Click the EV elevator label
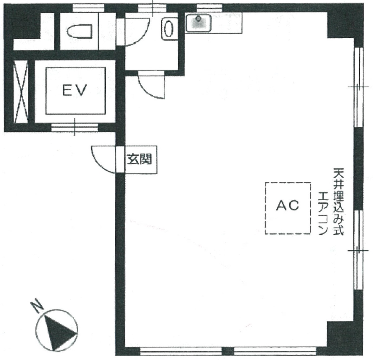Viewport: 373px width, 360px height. click(x=75, y=90)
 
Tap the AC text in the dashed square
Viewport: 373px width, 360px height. click(x=287, y=205)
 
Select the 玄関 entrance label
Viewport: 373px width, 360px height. click(x=139, y=159)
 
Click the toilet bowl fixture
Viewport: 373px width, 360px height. click(x=79, y=31)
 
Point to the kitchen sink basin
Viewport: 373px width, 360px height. click(x=198, y=23)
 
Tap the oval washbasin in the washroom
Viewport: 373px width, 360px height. click(x=169, y=29)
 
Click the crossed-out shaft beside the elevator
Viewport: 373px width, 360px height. click(x=21, y=92)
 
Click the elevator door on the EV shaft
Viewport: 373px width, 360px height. click(x=75, y=127)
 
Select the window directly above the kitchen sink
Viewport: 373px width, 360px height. click(x=209, y=8)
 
